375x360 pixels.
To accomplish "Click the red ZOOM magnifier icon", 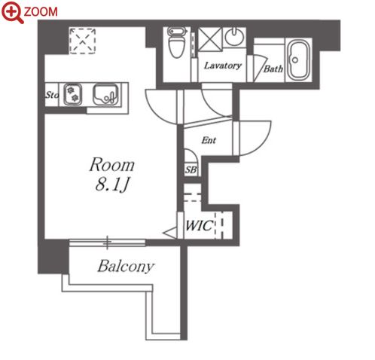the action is [11, 12].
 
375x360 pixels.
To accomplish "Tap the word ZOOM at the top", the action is [41, 11].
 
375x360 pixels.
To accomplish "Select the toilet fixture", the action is [177, 42].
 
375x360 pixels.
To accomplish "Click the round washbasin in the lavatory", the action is [234, 36].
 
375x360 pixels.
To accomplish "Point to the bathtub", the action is [298, 59].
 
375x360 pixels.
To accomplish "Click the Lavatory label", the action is [223, 66].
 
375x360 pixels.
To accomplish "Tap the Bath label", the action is [273, 69].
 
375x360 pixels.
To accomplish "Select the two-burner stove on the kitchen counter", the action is [72, 94].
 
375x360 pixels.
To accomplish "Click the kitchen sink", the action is [105, 94].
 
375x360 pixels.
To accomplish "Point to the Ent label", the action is [209, 140].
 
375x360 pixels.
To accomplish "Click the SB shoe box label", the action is [191, 170].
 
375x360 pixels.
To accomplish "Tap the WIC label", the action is [200, 225].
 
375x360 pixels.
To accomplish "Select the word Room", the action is [112, 165].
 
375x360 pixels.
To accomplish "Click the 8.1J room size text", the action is [112, 185].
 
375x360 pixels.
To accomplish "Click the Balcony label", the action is [126, 266].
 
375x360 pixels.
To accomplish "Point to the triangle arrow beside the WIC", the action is [171, 233].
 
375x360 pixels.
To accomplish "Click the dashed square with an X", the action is [83, 41].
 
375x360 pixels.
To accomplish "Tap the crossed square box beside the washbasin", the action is [210, 39].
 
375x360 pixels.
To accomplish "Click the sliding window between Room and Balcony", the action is [108, 243].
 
